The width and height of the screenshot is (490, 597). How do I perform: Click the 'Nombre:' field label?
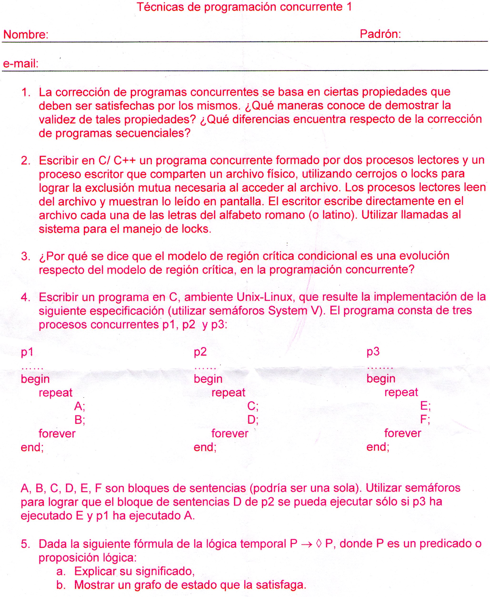coord(26,35)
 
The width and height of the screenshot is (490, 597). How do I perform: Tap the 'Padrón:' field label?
coord(380,34)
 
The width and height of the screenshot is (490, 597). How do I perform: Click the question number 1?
coord(26,92)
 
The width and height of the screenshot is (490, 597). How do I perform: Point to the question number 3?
coord(26,256)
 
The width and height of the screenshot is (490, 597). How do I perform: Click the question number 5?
coord(25,544)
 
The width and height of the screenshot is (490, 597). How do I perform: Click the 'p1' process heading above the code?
coord(27,352)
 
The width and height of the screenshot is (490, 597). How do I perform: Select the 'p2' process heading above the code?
coord(200,352)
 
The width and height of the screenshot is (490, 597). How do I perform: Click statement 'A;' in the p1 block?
coord(80,406)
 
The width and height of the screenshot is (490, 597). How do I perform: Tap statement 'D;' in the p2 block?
coord(253,420)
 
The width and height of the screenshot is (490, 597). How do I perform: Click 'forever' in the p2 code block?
coord(230,433)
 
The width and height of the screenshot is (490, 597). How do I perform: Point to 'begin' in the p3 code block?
coord(381,379)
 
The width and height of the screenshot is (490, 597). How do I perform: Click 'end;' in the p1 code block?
coord(32,447)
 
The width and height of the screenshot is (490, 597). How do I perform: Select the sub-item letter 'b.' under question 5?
coord(61,585)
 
